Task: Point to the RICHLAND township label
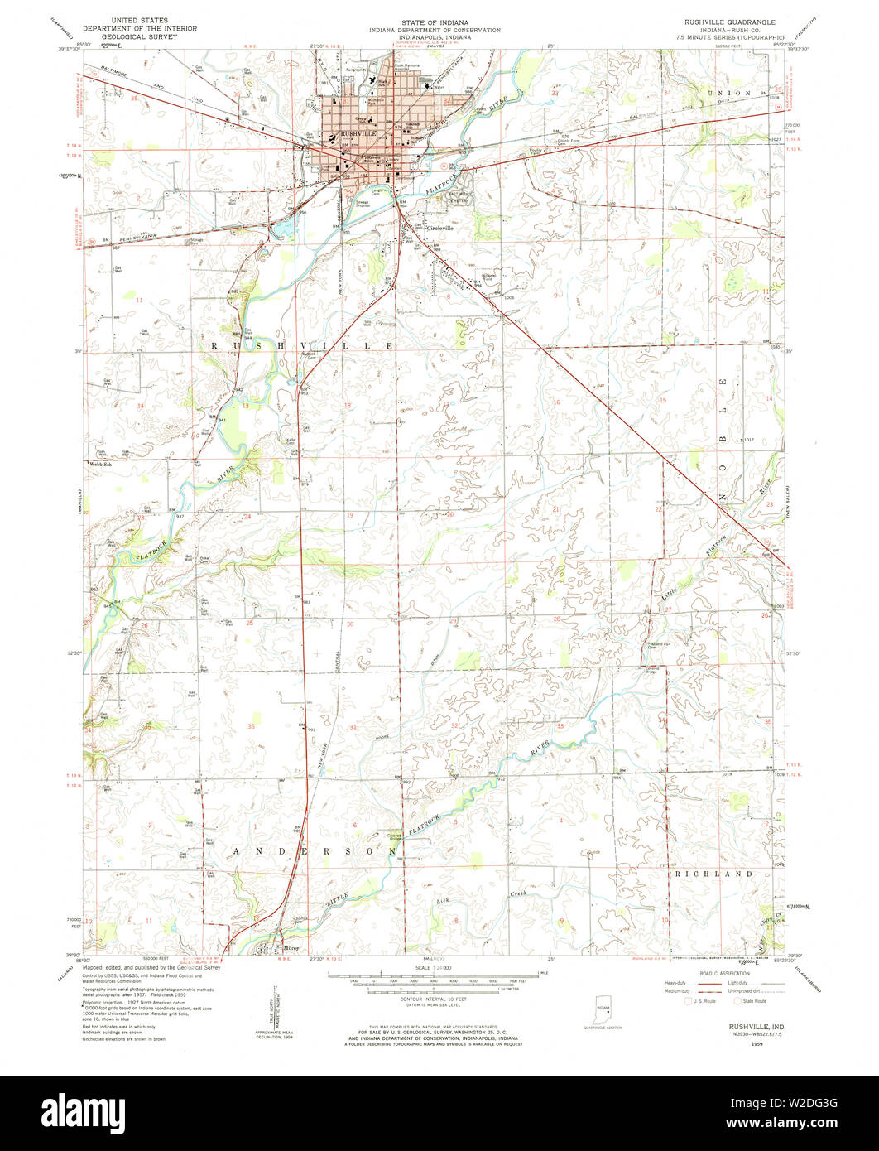(x=713, y=874)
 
